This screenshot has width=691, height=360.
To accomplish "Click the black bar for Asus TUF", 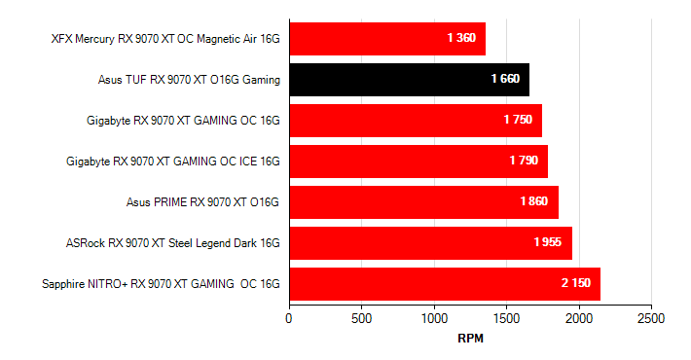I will click(409, 80).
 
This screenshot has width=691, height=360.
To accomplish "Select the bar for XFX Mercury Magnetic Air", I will click(386, 39).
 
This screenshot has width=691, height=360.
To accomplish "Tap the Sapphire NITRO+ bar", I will click(444, 284).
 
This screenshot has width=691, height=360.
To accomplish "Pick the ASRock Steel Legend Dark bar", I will click(430, 243).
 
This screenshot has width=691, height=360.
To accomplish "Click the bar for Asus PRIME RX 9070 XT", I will click(423, 202).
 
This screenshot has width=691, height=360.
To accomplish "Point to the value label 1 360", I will click(461, 38).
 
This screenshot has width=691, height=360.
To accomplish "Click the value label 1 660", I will click(505, 79).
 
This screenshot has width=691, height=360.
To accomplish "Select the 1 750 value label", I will click(518, 120).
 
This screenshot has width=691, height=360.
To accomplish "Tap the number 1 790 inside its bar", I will click(523, 161).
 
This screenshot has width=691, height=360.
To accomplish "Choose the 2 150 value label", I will click(576, 283).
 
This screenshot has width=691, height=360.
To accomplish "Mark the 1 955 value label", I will click(547, 242).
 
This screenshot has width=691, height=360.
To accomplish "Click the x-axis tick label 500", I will click(362, 318).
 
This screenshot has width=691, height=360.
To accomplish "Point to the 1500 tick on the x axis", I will click(506, 318).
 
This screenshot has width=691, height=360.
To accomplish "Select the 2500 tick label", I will click(651, 318).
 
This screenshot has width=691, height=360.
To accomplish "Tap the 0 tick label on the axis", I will click(289, 318).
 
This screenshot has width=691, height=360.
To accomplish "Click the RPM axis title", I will click(470, 339).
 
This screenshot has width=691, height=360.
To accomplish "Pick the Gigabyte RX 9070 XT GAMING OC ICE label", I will click(173, 162).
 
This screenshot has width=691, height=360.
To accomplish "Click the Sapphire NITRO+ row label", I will click(161, 284).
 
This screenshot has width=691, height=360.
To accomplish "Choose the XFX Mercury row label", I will click(165, 39).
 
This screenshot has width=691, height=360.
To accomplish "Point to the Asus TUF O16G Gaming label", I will click(189, 80).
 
